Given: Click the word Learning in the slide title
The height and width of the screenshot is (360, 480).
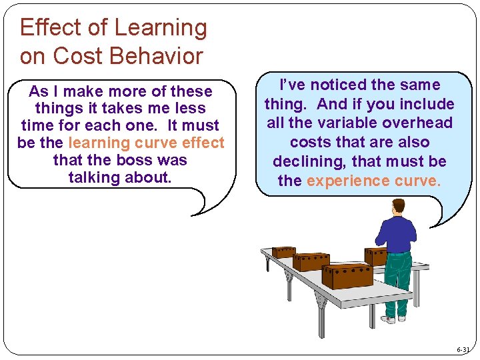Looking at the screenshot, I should (161, 28).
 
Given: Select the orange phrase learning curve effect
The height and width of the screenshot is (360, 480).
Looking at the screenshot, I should (147, 143).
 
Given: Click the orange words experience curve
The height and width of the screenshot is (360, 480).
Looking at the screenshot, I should (373, 181).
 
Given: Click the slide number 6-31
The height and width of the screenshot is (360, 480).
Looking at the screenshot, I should (463, 349).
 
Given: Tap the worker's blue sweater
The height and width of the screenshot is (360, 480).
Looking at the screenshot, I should (397, 233).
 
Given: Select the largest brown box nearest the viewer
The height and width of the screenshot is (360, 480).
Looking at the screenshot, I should (347, 275).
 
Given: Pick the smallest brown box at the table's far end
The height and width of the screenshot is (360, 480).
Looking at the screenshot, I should (283, 252).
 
